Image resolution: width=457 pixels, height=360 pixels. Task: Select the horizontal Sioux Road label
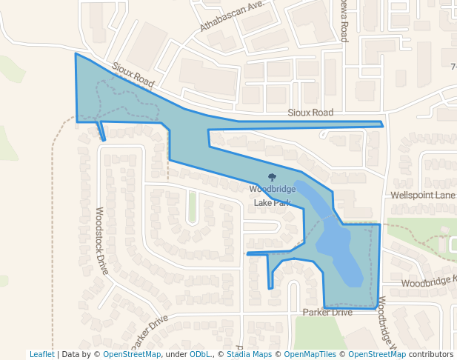[310, 113]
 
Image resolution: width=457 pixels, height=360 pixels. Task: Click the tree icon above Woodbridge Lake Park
[272, 178]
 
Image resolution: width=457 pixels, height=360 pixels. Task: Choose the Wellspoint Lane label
[423, 196]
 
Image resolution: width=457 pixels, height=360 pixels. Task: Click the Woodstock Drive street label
[101, 240]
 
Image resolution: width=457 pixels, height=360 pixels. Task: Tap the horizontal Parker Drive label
[327, 313]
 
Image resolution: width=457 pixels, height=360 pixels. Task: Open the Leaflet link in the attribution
[41, 355]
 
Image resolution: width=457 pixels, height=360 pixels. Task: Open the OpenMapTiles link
[310, 355]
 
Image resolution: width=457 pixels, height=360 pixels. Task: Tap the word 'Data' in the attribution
[71, 355]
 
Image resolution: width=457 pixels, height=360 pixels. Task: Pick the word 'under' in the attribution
[176, 355]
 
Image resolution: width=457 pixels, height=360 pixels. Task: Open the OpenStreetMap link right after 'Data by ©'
[132, 355]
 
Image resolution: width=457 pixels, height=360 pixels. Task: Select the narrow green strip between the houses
[192, 207]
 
